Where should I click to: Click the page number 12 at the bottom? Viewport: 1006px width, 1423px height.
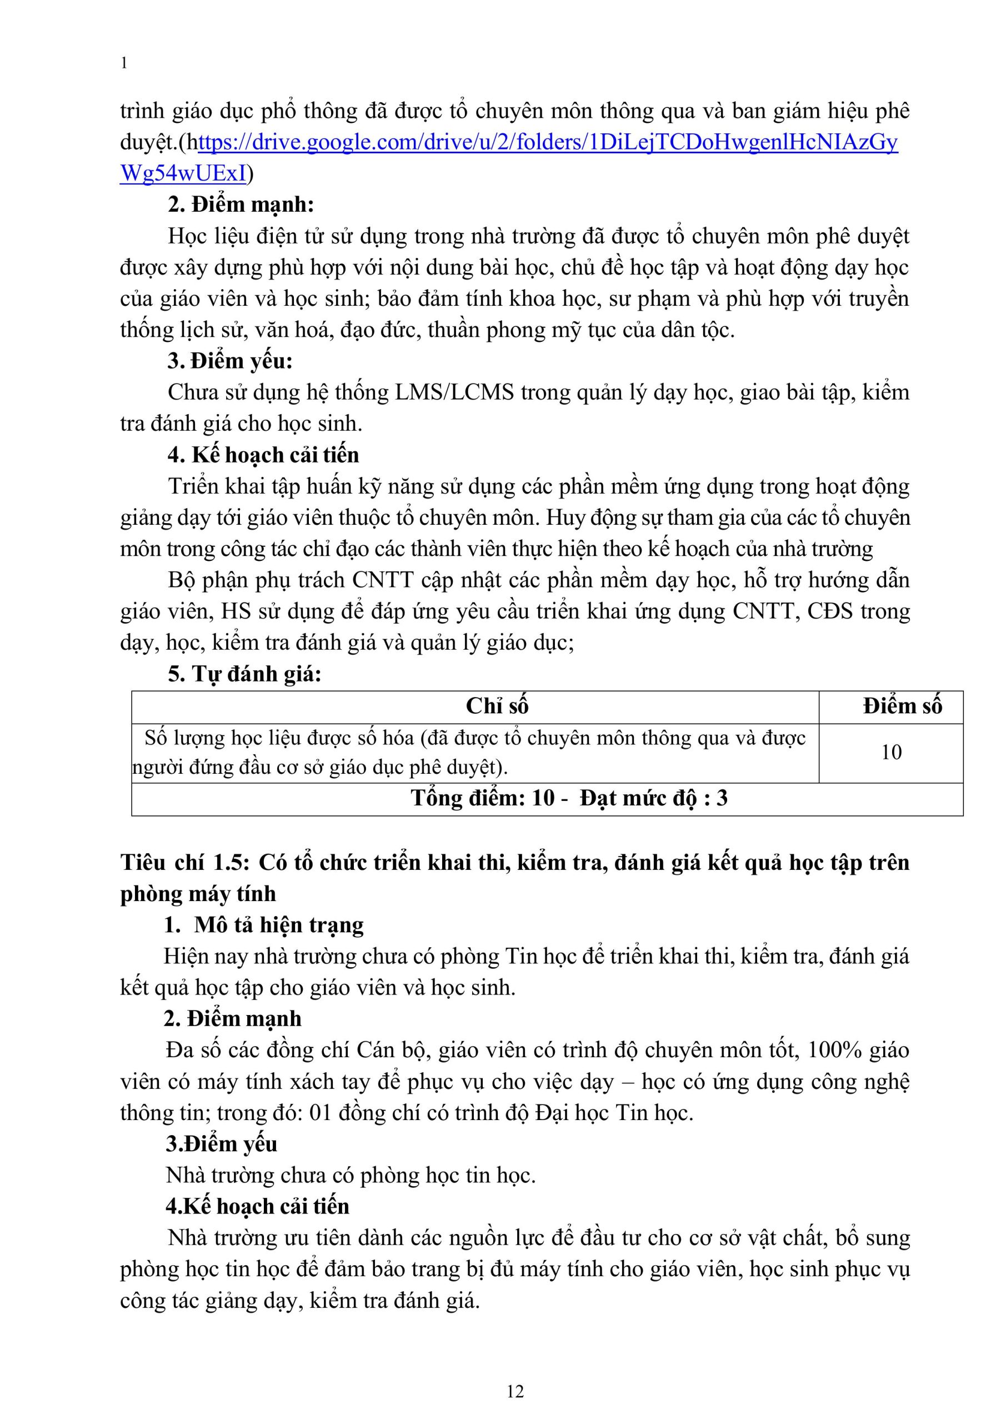tap(515, 1391)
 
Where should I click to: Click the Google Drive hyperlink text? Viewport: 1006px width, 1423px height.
tap(545, 143)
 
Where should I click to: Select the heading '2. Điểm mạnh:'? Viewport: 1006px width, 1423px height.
tap(241, 205)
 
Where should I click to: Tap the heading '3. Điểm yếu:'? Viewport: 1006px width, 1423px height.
tap(230, 361)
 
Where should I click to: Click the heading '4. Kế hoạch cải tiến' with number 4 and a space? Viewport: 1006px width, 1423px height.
tap(263, 455)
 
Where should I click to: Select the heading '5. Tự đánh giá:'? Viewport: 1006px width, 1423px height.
tap(244, 674)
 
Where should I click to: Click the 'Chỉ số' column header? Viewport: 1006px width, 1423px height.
tap(497, 706)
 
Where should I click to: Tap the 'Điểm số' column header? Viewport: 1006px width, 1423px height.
tap(902, 706)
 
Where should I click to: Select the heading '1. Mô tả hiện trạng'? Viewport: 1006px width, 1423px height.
tap(263, 926)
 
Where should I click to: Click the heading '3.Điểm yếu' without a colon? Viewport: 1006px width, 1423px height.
tap(221, 1143)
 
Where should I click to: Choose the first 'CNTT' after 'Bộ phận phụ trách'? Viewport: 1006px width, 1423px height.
tap(383, 580)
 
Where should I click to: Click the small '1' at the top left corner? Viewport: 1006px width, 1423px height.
tap(124, 63)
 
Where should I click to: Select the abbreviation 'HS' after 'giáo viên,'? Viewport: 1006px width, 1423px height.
tap(236, 611)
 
